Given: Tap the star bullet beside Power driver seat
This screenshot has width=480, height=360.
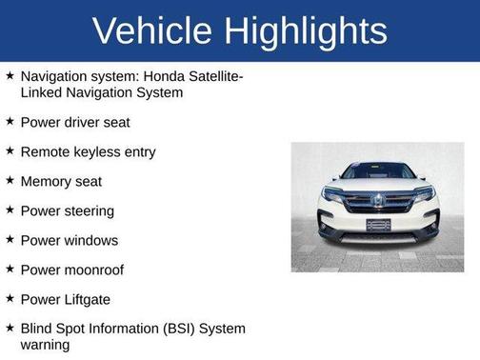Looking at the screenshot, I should click(x=10, y=122).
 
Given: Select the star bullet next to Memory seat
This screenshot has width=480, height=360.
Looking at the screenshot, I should click(x=10, y=181).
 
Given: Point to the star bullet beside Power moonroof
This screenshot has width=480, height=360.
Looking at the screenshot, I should click(x=10, y=270).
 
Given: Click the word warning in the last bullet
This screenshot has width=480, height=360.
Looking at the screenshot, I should click(x=45, y=345).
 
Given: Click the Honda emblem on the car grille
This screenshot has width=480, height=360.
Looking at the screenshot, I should click(x=378, y=201).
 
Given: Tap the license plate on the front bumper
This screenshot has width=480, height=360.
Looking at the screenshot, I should click(x=378, y=225).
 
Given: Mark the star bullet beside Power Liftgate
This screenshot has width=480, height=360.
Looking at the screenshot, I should click(x=10, y=299).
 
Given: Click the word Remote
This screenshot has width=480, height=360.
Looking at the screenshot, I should click(x=44, y=151).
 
